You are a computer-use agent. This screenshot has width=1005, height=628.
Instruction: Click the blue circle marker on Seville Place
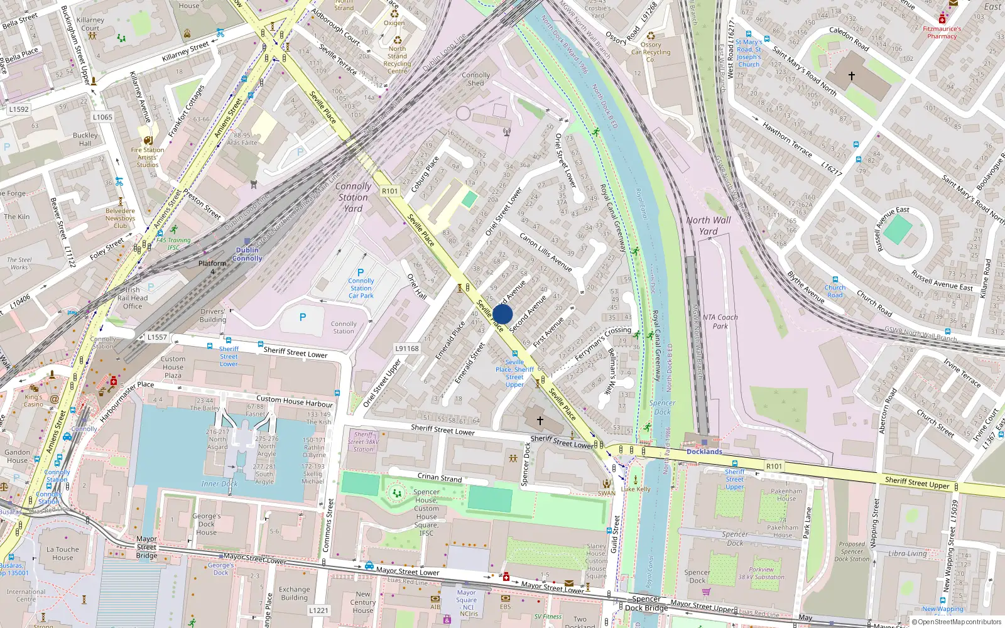pyautogui.click(x=503, y=314)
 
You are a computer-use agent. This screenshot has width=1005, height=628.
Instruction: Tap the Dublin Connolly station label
pyautogui.click(x=247, y=254)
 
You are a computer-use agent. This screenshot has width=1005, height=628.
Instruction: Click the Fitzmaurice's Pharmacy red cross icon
pyautogui.click(x=942, y=19)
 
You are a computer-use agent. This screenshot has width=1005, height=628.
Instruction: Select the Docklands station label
pyautogui.click(x=704, y=452)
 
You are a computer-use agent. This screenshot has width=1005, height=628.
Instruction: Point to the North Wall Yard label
pyautogui.click(x=709, y=225)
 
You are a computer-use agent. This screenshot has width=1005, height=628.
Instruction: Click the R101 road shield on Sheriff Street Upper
pyautogui.click(x=774, y=466)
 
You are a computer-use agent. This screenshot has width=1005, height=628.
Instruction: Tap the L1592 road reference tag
pyautogui.click(x=19, y=109)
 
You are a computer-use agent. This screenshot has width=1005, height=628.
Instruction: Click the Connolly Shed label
pyautogui.click(x=476, y=79)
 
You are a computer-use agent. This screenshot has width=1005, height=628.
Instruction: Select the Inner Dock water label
pyautogui.click(x=219, y=484)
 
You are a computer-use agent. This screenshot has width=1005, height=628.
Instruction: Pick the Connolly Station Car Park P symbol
pyautogui.click(x=361, y=273)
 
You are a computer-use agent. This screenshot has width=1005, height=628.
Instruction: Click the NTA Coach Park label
pyautogui.click(x=720, y=322)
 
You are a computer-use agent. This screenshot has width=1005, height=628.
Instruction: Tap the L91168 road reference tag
pyautogui.click(x=407, y=349)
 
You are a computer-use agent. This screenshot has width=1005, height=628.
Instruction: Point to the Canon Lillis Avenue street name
pyautogui.click(x=545, y=252)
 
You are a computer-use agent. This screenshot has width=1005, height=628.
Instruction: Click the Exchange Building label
pyautogui.click(x=294, y=593)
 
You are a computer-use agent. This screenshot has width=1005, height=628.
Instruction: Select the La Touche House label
pyautogui.click(x=63, y=553)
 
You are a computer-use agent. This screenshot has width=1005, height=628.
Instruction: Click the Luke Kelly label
pyautogui.click(x=636, y=489)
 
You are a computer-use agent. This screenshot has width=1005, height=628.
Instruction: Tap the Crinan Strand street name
pyautogui.click(x=440, y=478)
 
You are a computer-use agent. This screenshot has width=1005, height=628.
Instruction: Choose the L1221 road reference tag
pyautogui.click(x=318, y=610)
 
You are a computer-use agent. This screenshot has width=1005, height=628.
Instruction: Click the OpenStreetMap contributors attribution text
pyautogui.click(x=957, y=622)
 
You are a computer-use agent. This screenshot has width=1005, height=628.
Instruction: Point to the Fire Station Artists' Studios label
pyautogui.click(x=148, y=158)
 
